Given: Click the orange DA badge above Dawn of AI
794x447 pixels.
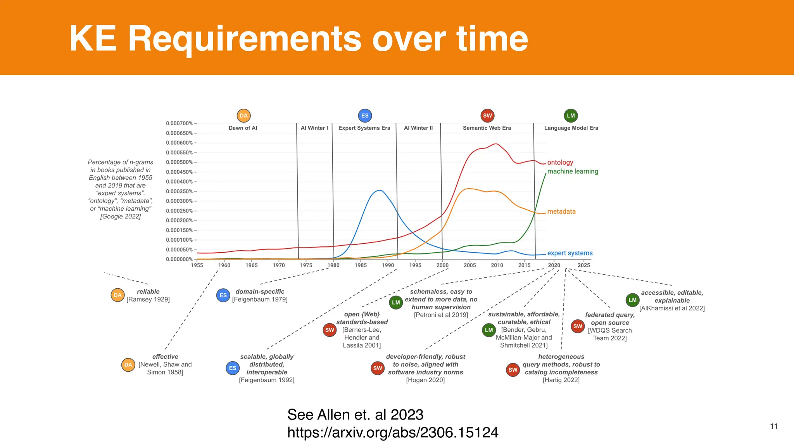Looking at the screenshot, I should pyautogui.click(x=243, y=116).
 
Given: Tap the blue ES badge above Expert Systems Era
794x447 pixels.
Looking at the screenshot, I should pyautogui.click(x=365, y=116).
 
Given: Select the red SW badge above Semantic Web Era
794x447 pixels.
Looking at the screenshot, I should pyautogui.click(x=487, y=116).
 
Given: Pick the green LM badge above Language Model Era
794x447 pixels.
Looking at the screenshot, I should pyautogui.click(x=571, y=116).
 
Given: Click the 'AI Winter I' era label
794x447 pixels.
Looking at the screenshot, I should pyautogui.click(x=314, y=128).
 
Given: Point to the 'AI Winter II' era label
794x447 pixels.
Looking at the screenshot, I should pyautogui.click(x=418, y=128).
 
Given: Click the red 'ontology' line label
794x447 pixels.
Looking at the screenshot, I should pyautogui.click(x=560, y=163).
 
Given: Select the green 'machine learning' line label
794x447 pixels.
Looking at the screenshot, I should pyautogui.click(x=573, y=172).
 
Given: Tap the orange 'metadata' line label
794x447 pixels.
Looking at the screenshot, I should pyautogui.click(x=561, y=212).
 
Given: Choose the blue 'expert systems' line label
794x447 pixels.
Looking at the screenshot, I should pyautogui.click(x=570, y=253).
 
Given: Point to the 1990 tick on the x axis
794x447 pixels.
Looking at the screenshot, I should pyautogui.click(x=388, y=265).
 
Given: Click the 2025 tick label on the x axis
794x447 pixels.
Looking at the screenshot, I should pyautogui.click(x=583, y=265).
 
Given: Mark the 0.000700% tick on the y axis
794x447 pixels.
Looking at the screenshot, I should pyautogui.click(x=179, y=123).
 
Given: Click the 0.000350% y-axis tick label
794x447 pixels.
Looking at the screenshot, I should pyautogui.click(x=179, y=191).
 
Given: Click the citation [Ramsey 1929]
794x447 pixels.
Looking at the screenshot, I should pyautogui.click(x=148, y=300).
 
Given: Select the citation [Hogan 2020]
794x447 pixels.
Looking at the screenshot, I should pyautogui.click(x=425, y=380).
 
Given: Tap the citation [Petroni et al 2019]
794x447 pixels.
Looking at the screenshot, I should pyautogui.click(x=441, y=315).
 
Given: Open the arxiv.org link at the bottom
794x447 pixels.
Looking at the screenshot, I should pyautogui.click(x=392, y=433).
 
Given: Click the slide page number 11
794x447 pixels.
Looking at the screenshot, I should pyautogui.click(x=773, y=427).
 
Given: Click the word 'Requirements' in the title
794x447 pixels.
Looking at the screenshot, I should pyautogui.click(x=244, y=39).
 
